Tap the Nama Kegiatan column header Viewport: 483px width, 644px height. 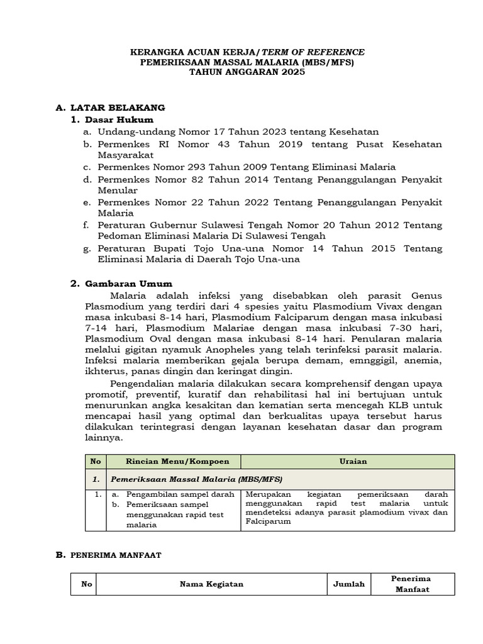coord(211,584)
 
